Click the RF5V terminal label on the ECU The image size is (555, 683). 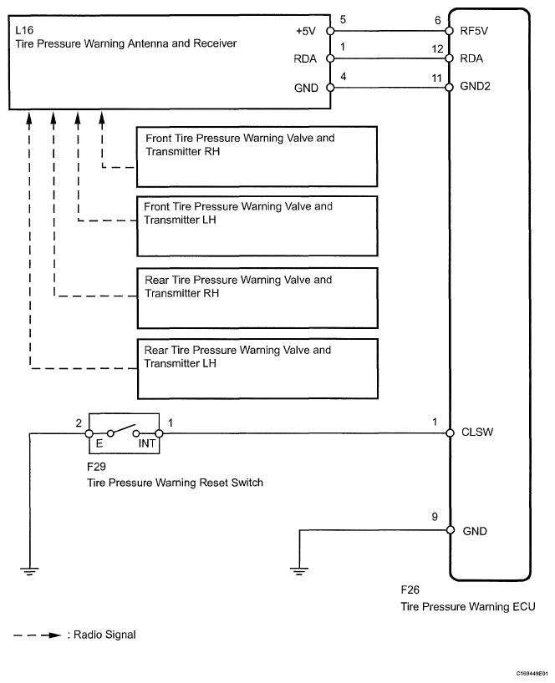click(475, 32)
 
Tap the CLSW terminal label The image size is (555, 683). click(477, 433)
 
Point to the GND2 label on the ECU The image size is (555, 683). click(477, 86)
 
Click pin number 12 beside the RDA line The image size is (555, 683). click(435, 48)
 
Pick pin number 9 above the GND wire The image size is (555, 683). click(435, 518)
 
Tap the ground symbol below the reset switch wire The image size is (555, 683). click(30, 571)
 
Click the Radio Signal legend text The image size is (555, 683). click(104, 635)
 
